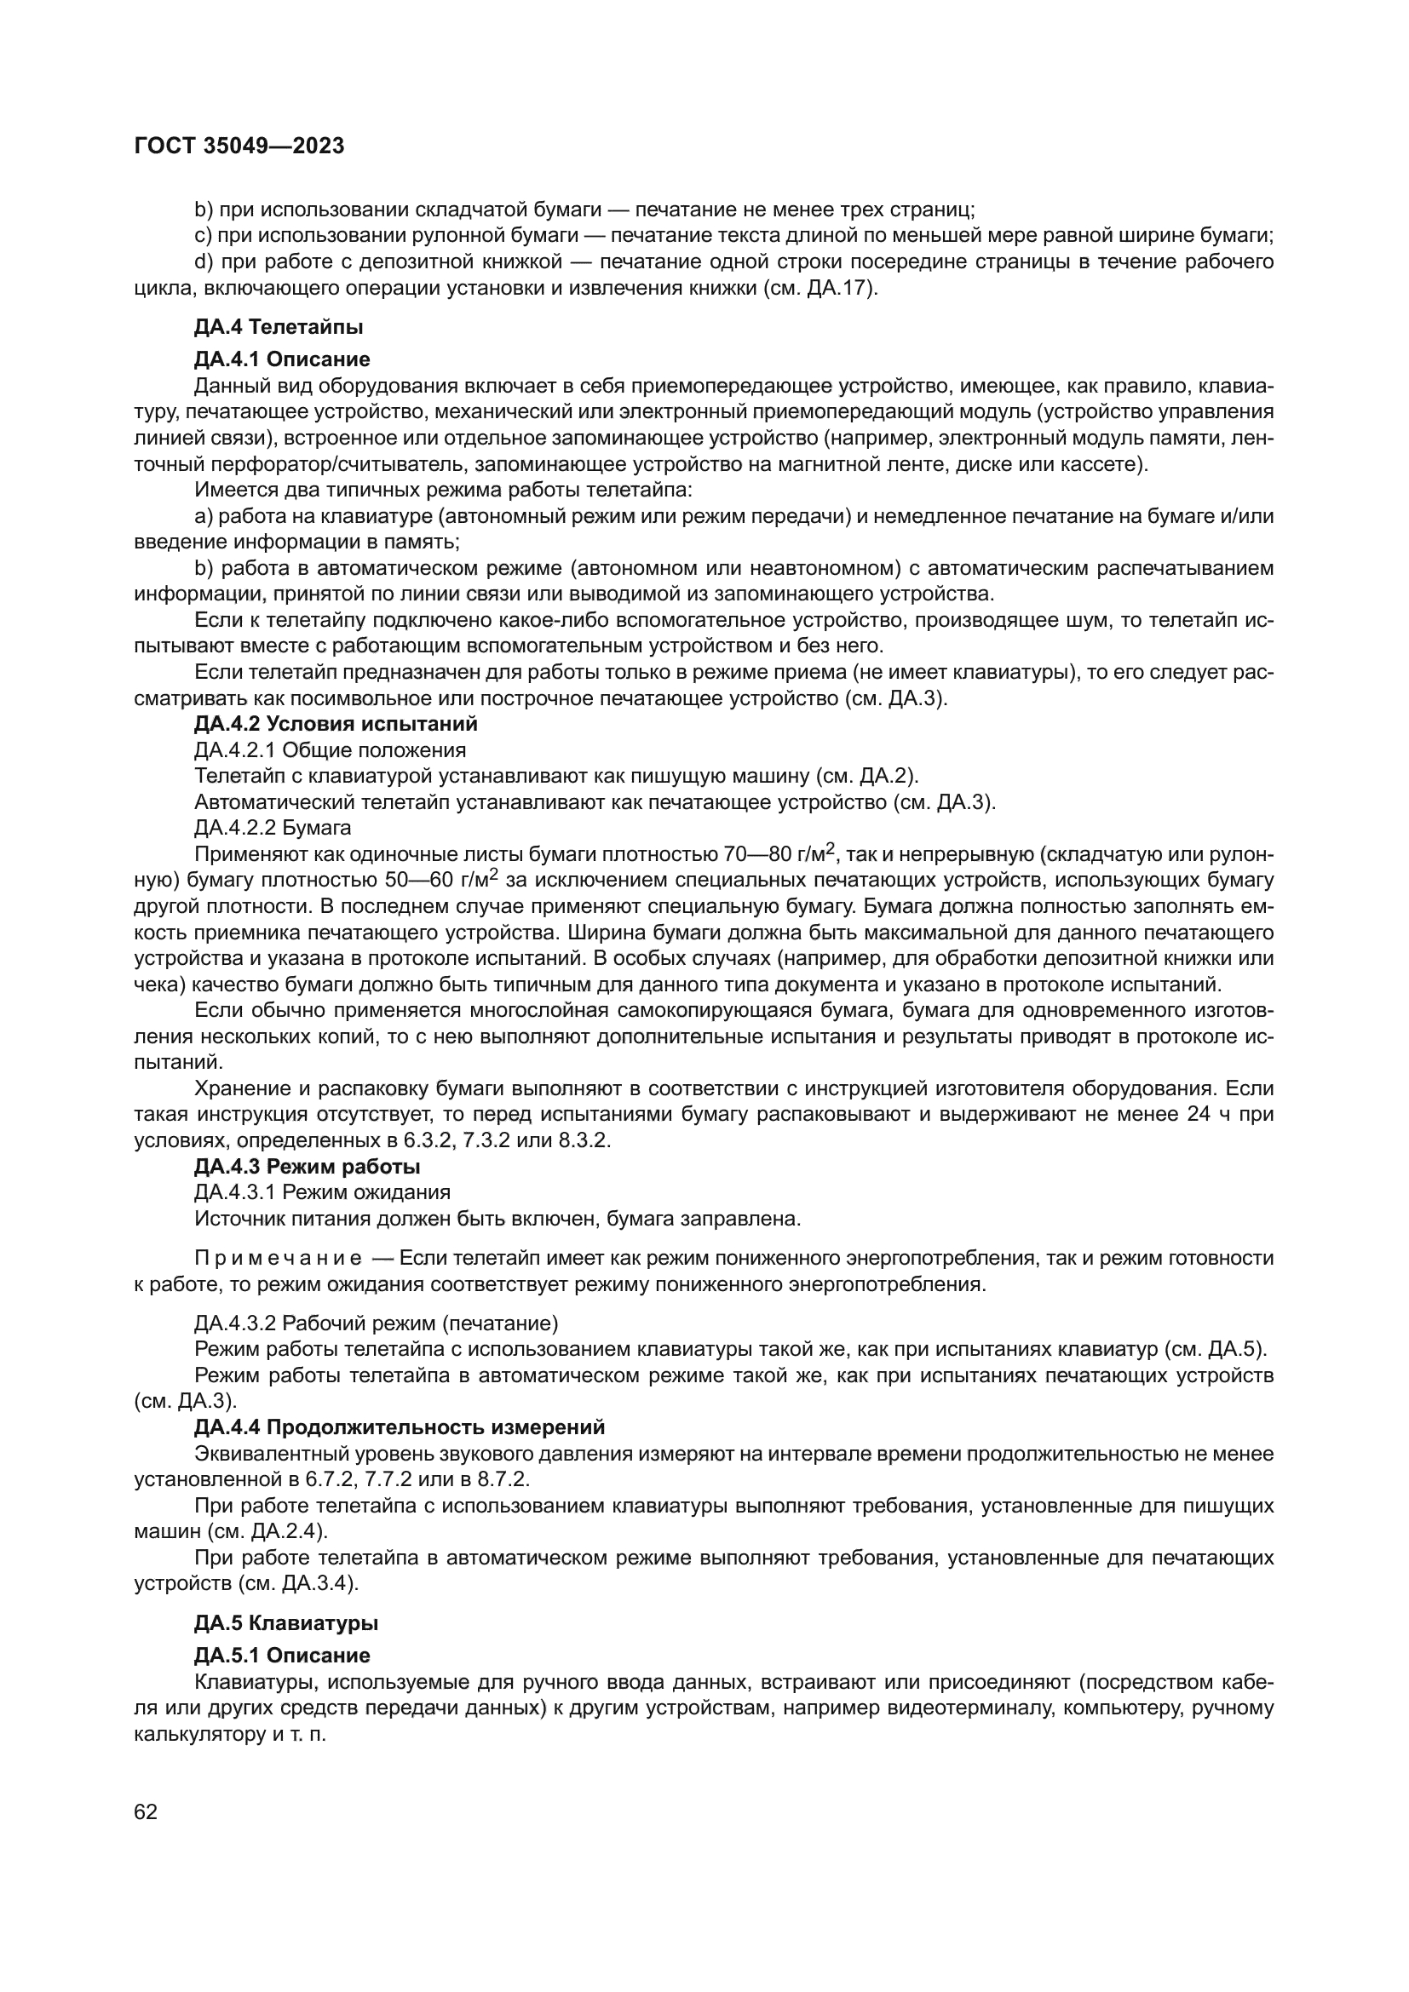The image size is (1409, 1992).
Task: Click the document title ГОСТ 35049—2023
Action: [239, 146]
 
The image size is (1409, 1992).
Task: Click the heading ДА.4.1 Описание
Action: [282, 359]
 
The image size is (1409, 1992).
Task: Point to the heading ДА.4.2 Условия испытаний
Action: [336, 724]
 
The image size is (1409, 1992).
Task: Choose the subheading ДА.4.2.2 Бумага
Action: [273, 828]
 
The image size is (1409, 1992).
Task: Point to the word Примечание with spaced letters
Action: [279, 1259]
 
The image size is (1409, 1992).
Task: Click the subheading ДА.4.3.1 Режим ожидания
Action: [322, 1192]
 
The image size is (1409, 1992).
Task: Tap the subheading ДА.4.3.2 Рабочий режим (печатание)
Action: [376, 1324]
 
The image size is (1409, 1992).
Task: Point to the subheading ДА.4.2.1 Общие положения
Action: [330, 749]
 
